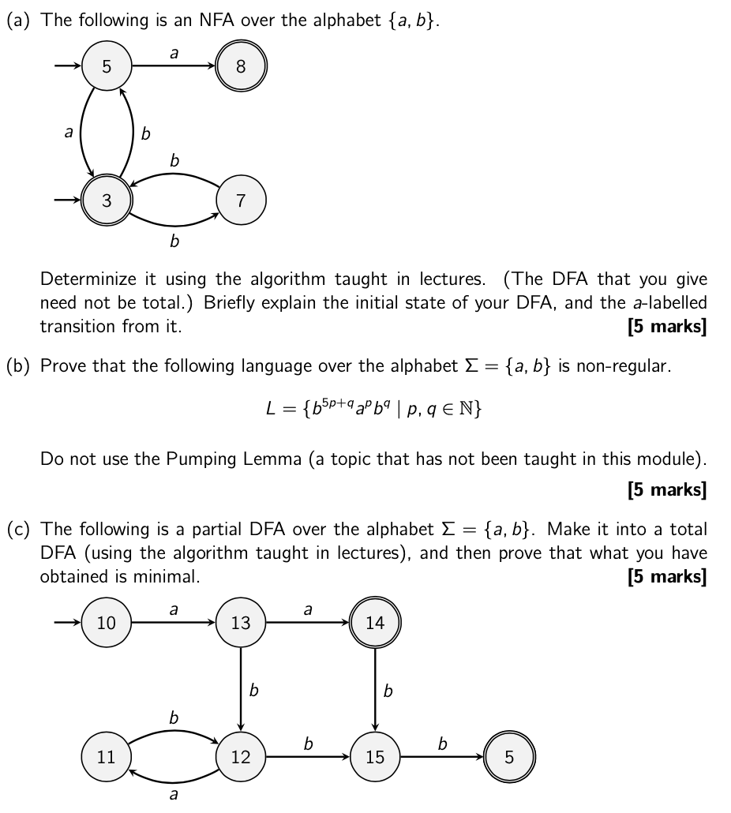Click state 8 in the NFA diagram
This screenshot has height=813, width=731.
pos(241,66)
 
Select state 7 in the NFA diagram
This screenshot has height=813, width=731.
pos(241,200)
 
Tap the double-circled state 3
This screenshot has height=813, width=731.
pos(107,200)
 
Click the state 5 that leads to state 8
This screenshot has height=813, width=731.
pos(107,66)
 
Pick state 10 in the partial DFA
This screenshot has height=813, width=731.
pos(107,623)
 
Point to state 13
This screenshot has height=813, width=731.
pos(241,623)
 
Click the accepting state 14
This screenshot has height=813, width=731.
pos(375,623)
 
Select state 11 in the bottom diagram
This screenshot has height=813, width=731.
pos(107,757)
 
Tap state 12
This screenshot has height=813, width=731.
pos(241,757)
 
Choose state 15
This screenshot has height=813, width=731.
pos(375,757)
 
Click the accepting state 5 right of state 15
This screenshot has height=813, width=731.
pos(509,757)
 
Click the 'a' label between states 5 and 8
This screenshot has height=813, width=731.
pos(174,53)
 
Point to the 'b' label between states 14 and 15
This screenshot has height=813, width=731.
pos(387,691)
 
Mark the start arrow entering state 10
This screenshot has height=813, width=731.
pos(68,623)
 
